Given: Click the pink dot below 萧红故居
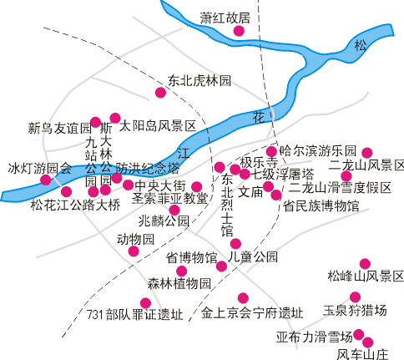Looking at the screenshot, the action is tap(239, 31).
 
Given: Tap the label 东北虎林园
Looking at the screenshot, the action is tap(199, 81).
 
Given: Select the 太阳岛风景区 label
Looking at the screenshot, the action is tap(158, 126).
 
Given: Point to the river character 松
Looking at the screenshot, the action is tap(361, 45).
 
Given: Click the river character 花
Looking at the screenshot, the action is tap(259, 118).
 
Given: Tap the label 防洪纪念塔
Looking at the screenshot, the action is tap(148, 168).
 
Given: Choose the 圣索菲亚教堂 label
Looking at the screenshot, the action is tap(169, 199).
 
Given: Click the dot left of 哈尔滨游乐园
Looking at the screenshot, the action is tap(271, 152).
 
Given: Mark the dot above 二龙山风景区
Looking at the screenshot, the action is tap(367, 153).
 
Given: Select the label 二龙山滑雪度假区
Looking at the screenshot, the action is tap(340, 188).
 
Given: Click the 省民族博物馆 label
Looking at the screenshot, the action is tap(321, 206).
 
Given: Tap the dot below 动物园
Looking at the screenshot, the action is tap(134, 251).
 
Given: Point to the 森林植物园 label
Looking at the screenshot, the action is tap(179, 284).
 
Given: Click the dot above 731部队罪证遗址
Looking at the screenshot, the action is tap(145, 303).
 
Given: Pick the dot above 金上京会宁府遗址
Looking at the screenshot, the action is tap(243, 298).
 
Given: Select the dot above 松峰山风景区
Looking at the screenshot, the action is tap(365, 264).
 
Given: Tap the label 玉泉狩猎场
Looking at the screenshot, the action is tap(355, 310).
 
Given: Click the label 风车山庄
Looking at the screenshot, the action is tap(362, 354).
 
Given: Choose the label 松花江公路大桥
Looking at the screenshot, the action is tap(75, 205).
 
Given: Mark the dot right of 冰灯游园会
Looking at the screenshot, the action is tap(46, 180).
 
